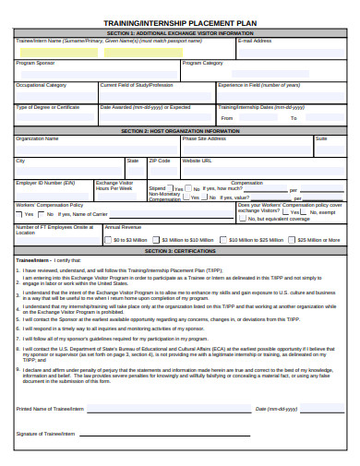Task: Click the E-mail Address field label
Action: coord(254,42)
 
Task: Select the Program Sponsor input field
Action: coord(92,73)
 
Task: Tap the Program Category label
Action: coord(202,64)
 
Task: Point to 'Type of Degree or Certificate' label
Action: coord(48,107)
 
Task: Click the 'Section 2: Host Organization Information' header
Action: coord(179,130)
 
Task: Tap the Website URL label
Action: coord(198,161)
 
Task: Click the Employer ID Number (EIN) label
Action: coord(45,183)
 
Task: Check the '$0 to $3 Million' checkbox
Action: coord(109,239)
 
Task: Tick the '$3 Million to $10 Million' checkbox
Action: coord(162,239)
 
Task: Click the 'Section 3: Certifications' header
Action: coord(179,250)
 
